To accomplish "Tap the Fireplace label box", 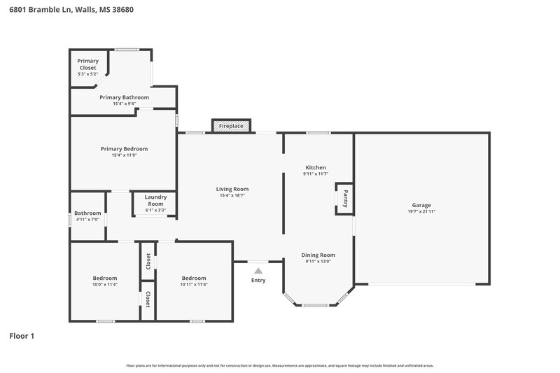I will [x=231, y=126].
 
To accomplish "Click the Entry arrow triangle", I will [x=258, y=270].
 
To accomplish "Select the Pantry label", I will [x=344, y=199].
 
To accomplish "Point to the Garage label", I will [x=421, y=205].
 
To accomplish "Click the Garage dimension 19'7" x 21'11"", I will [x=421, y=211].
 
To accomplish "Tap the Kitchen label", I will [x=316, y=167].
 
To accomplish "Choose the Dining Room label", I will [x=318, y=255].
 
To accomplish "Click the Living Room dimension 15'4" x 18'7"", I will [x=232, y=195].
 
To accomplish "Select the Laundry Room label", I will [x=155, y=200].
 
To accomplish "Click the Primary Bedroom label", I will [x=124, y=148].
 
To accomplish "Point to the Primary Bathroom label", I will [x=124, y=97].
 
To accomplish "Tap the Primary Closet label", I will [x=88, y=64].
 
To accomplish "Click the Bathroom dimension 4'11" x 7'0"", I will [x=87, y=219].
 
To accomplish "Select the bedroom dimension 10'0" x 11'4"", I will [x=105, y=284].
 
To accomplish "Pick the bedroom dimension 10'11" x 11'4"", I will [x=194, y=284].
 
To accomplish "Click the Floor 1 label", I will [x=22, y=336].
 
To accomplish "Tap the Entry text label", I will [x=258, y=281].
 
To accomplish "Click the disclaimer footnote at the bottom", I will [x=279, y=365].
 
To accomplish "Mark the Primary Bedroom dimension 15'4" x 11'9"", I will [x=124, y=155].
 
